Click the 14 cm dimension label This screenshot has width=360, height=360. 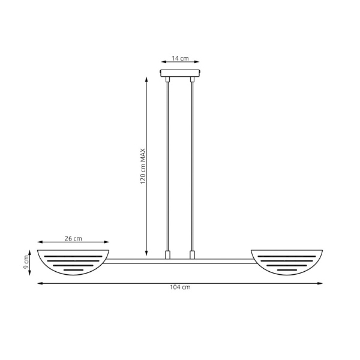tap(180, 59)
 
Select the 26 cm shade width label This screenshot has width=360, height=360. tap(74, 239)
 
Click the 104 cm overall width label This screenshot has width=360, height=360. tap(180, 288)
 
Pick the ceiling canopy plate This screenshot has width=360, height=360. tap(180, 74)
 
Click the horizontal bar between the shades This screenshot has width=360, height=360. tap(180, 261)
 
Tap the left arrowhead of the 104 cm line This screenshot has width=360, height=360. tap(40, 283)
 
